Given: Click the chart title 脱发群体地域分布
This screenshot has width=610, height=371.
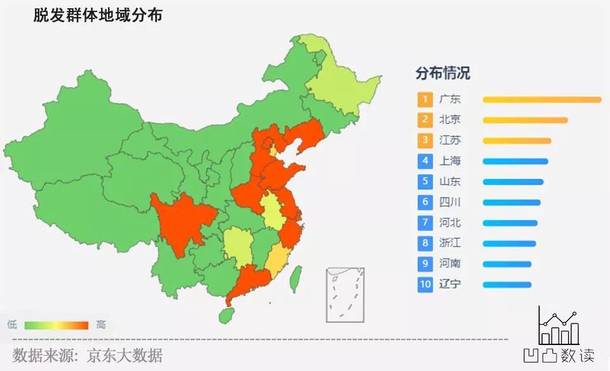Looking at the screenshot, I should point(98,15).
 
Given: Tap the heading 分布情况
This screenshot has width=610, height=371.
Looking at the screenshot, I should point(443,73).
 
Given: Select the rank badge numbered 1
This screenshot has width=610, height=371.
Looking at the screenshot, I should point(425,100).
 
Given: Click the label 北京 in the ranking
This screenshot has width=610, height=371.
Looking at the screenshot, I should point(450,120).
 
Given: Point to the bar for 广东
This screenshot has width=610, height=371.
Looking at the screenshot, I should point(541,100).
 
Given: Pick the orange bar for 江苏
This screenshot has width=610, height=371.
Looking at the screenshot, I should point(517,141).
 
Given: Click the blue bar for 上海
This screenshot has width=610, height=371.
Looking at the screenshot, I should point(515,161).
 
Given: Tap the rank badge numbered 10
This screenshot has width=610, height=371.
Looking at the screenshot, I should point(425,284).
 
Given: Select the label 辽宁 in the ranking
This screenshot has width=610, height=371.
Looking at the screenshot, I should point(450,284).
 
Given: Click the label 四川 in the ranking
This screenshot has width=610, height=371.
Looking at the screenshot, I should point(450,202).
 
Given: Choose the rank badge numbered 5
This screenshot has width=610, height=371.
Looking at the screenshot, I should point(425,182).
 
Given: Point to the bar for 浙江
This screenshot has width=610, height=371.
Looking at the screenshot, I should point(509,244).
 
